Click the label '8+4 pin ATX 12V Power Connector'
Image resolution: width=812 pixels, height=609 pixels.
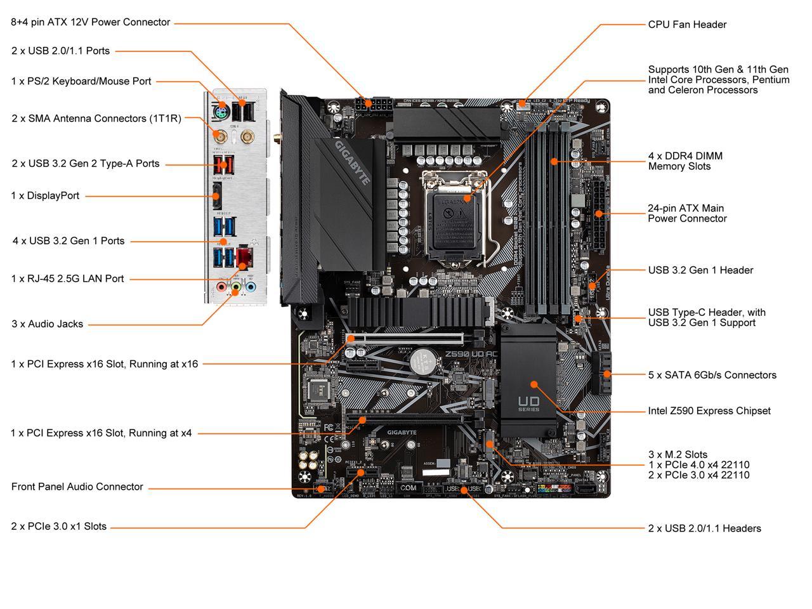pyautogui.click(x=91, y=22)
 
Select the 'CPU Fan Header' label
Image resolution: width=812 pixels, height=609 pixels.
pyautogui.click(x=687, y=25)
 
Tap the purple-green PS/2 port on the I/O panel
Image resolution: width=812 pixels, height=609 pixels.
pyautogui.click(x=219, y=113)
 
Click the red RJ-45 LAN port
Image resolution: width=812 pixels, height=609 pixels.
pyautogui.click(x=244, y=257)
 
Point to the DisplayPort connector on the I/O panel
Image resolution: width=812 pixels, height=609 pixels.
pyautogui.click(x=217, y=197)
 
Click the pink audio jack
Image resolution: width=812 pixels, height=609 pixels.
pyautogui.click(x=221, y=287)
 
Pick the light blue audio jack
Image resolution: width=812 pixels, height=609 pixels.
pyautogui.click(x=251, y=287)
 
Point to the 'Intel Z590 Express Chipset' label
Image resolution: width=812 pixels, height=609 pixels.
pyautogui.click(x=709, y=411)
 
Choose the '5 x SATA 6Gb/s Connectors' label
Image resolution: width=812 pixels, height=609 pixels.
pyautogui.click(x=712, y=375)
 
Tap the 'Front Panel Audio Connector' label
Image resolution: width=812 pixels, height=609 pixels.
pyautogui.click(x=77, y=487)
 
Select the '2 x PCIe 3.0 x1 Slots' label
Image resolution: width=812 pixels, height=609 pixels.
pyautogui.click(x=59, y=527)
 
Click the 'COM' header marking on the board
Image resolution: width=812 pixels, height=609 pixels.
pyautogui.click(x=409, y=488)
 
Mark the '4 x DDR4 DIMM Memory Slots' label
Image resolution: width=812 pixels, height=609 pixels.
pyautogui.click(x=685, y=161)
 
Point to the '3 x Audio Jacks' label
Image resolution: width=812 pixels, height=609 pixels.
pyautogui.click(x=48, y=324)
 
